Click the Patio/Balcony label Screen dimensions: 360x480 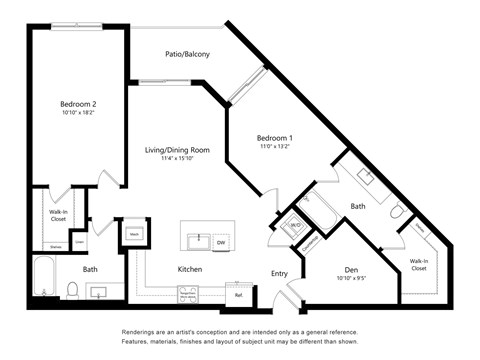(x=187, y=54)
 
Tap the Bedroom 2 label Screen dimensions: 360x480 (x=77, y=104)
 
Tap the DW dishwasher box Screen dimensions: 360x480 (x=221, y=241)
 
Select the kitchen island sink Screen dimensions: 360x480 (x=199, y=241)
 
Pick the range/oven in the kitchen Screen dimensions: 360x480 (x=187, y=294)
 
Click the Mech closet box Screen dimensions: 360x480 (x=133, y=234)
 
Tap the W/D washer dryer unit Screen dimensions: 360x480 (x=296, y=226)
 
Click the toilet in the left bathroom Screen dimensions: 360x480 (x=72, y=290)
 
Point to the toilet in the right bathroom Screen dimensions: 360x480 (x=397, y=214)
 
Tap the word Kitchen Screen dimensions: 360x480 (x=191, y=270)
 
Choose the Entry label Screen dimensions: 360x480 (x=279, y=273)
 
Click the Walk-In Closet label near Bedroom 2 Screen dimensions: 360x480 (x=58, y=216)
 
